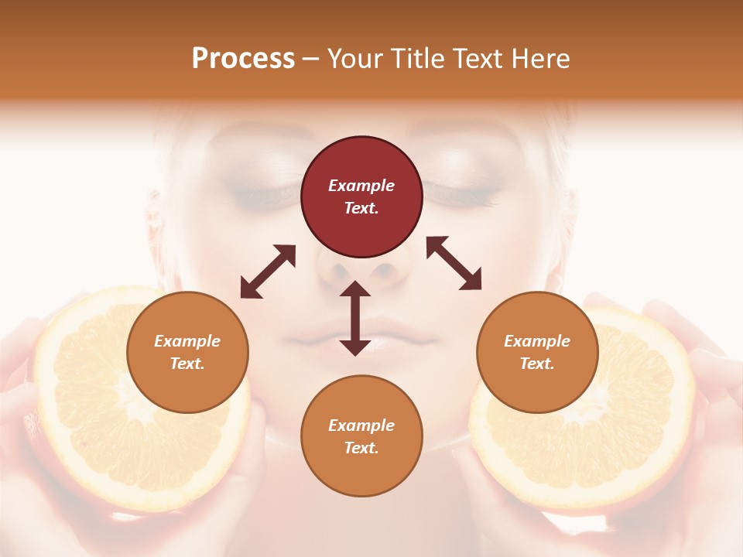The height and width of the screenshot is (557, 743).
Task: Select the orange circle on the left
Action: point(187,352)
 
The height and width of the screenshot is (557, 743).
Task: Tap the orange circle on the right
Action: point(537,352)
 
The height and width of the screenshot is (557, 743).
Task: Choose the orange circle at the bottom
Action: point(361,436)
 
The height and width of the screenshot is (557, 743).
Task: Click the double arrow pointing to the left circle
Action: point(268,272)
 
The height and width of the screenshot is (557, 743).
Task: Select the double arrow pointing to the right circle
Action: point(454,263)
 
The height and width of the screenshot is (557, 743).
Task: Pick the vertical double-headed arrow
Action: point(355,318)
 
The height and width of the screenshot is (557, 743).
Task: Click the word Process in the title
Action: point(243,59)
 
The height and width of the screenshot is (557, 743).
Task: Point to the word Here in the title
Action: point(542,59)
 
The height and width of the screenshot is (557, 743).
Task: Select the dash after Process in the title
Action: point(311,59)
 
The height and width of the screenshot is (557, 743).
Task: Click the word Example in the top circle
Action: point(361,186)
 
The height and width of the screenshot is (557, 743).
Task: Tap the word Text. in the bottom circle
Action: point(361,448)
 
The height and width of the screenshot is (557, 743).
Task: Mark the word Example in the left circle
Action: point(187,341)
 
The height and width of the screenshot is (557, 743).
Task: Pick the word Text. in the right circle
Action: point(537,364)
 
